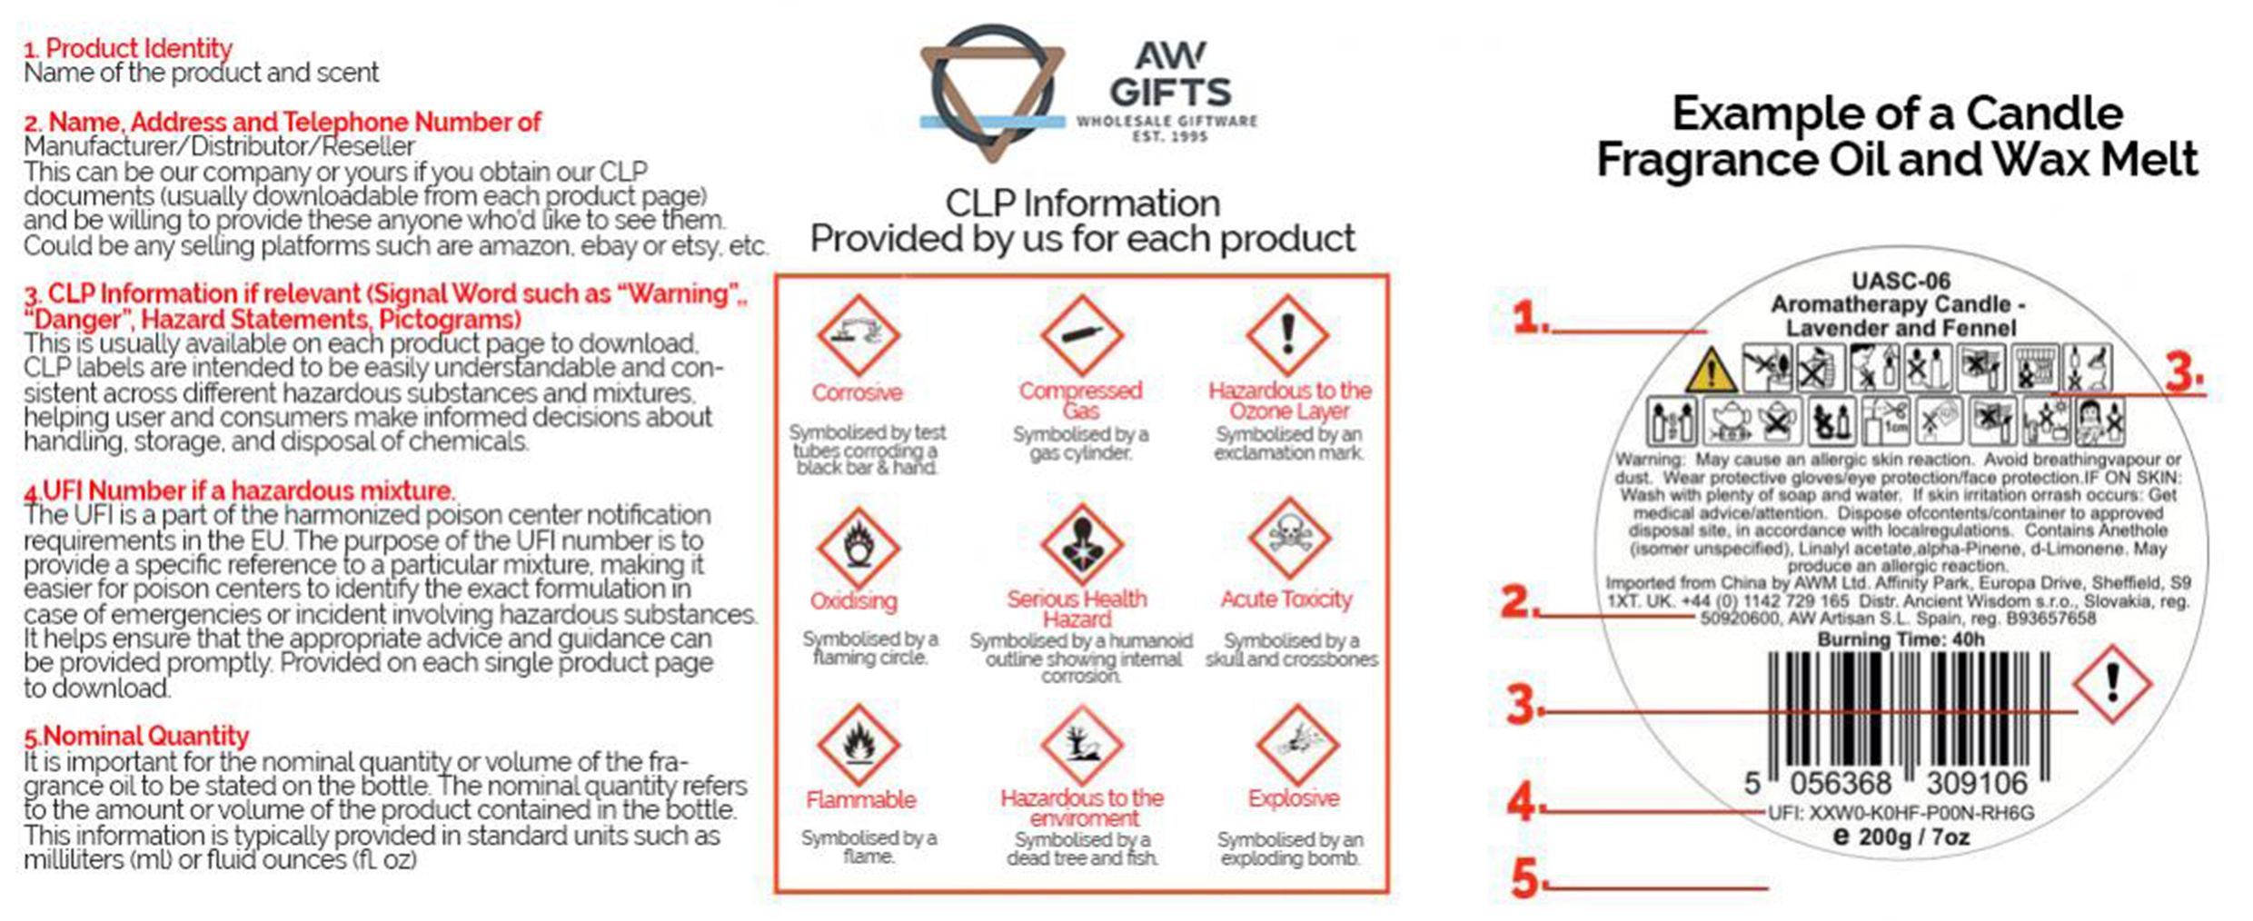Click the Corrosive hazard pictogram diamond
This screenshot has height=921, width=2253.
click(x=858, y=334)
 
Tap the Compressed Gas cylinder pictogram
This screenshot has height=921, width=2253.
click(x=1081, y=334)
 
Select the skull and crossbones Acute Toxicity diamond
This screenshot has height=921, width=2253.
click(x=1288, y=538)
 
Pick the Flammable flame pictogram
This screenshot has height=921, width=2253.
click(x=858, y=745)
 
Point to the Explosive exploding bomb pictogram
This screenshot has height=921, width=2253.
click(x=1296, y=745)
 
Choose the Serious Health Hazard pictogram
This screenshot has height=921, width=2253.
click(x=1081, y=543)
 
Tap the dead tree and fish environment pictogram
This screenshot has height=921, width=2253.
click(x=1081, y=745)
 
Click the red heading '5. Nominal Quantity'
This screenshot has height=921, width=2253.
click(x=137, y=736)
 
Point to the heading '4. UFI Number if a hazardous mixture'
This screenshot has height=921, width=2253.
click(x=240, y=491)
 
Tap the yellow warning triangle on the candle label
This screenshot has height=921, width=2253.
click(x=1712, y=371)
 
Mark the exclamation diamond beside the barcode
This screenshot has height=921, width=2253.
click(x=2112, y=684)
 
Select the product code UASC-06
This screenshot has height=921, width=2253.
click(x=1901, y=282)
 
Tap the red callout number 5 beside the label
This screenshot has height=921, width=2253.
click(x=1524, y=878)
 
